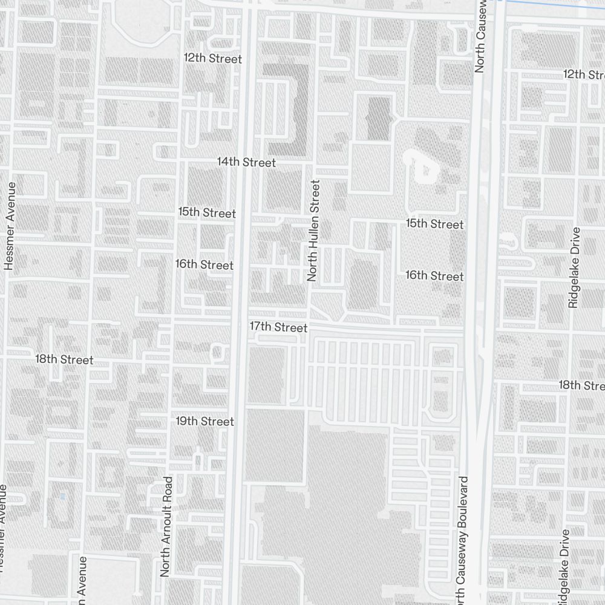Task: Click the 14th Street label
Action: (x=246, y=162)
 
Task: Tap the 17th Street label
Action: (x=279, y=327)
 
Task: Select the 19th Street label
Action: (x=204, y=421)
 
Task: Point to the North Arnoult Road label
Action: (x=166, y=526)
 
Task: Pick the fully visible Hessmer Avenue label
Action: (x=10, y=224)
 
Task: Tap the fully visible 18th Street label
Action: (x=64, y=359)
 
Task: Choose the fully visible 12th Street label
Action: (x=213, y=59)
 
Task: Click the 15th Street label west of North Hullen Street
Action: (x=207, y=213)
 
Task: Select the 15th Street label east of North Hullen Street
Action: (x=434, y=224)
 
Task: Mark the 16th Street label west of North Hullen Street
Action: (x=204, y=265)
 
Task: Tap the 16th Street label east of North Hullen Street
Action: (x=434, y=276)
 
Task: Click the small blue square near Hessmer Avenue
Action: (x=63, y=497)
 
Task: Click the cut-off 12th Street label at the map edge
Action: (x=584, y=74)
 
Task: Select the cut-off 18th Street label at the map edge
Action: (x=581, y=385)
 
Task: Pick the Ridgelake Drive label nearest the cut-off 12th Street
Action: (x=574, y=267)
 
